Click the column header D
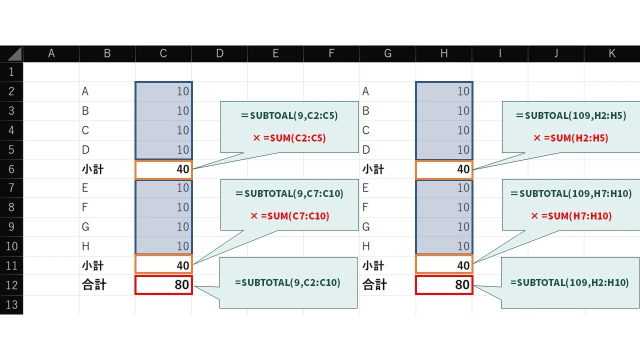[219, 53]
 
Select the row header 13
[11, 304]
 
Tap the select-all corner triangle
[14, 54]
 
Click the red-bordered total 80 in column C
[163, 285]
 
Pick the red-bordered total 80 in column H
[444, 285]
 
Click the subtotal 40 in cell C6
[163, 169]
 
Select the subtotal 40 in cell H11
[444, 265]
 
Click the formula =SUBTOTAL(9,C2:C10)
[287, 282]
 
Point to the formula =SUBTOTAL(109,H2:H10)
[569, 282]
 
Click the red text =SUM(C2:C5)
[294, 138]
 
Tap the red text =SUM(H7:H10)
[576, 216]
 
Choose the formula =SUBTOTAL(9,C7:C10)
[289, 193]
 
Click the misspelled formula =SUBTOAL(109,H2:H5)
[571, 115]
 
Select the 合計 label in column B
[94, 285]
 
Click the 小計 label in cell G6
[373, 169]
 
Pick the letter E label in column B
[85, 188]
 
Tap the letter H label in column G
[366, 246]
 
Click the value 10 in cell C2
[183, 91]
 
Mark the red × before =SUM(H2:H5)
[537, 138]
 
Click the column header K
[612, 53]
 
